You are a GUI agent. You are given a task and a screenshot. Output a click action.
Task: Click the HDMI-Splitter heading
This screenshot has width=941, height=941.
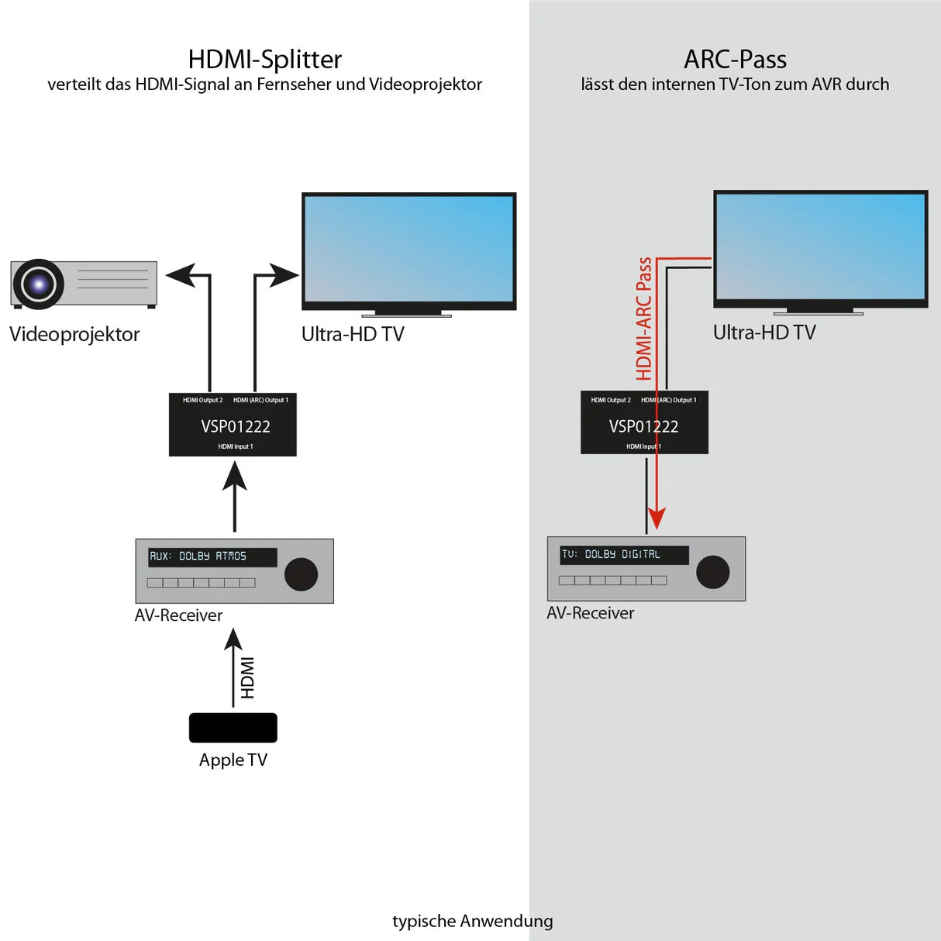(x=264, y=60)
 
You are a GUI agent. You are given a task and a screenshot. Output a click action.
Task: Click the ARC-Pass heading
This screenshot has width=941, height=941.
(x=735, y=60)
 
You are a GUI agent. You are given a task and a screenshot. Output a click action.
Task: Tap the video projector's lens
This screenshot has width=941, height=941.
(x=38, y=284)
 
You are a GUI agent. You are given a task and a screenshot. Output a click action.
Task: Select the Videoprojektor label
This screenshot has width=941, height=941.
(x=74, y=334)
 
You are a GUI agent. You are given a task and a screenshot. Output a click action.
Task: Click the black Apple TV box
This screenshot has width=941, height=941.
(x=233, y=728)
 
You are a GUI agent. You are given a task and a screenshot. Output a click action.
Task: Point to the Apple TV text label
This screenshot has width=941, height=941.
(x=233, y=760)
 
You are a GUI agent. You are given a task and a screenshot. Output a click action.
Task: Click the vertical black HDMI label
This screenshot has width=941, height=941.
(x=247, y=677)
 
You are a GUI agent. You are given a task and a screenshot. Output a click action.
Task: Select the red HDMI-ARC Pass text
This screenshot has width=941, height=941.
(x=644, y=319)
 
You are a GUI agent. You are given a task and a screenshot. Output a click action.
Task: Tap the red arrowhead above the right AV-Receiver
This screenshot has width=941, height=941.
(x=657, y=519)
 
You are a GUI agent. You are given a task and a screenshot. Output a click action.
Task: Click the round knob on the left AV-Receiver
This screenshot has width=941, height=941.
(x=301, y=574)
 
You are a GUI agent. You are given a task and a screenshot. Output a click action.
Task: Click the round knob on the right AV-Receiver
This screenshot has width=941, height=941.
(x=712, y=572)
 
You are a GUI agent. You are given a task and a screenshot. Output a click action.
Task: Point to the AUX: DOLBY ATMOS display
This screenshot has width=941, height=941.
(x=212, y=557)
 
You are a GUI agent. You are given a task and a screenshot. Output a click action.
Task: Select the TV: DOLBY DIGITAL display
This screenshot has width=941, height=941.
(x=623, y=554)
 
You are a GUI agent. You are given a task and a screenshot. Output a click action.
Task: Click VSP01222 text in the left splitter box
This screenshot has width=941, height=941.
(x=235, y=426)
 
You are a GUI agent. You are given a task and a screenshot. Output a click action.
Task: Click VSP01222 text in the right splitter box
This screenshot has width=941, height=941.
(x=643, y=426)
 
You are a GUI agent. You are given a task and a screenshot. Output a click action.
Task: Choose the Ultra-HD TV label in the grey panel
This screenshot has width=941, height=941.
(x=763, y=333)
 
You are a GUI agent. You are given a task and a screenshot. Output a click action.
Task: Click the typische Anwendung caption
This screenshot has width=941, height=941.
(x=472, y=921)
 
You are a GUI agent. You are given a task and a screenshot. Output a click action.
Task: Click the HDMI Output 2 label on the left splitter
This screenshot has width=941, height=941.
(x=202, y=400)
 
